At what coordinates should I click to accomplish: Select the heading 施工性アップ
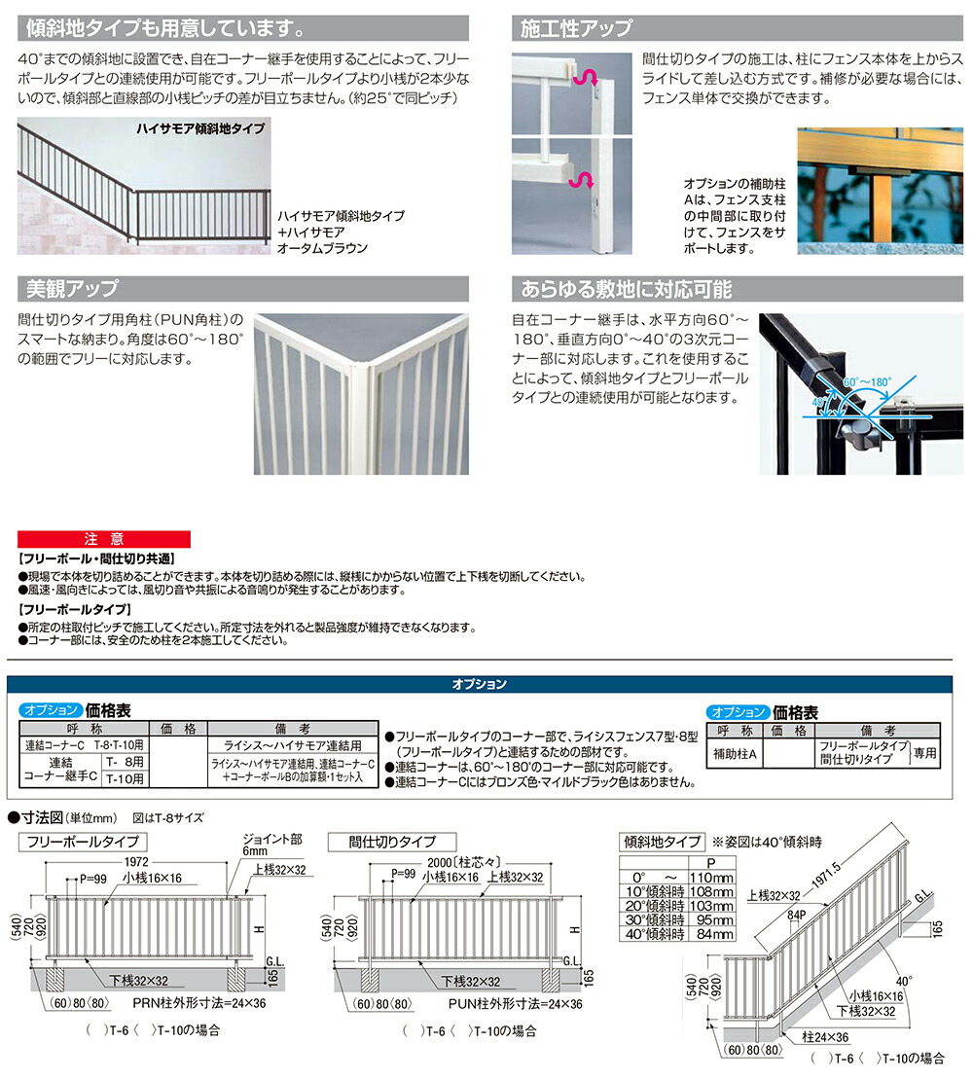tap(576, 28)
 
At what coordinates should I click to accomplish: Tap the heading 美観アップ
tap(72, 289)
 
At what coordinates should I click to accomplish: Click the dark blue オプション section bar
tap(480, 684)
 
